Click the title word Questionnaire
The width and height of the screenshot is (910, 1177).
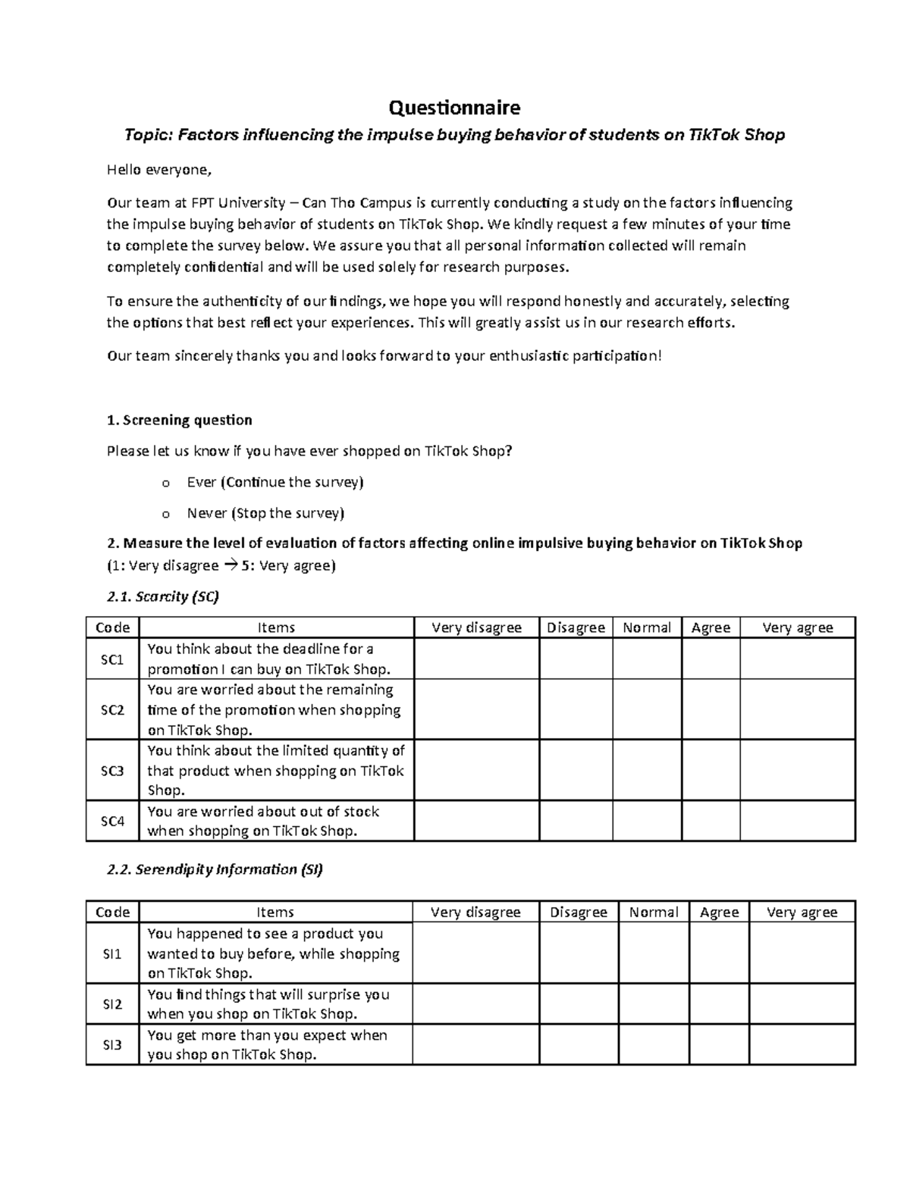[x=454, y=108]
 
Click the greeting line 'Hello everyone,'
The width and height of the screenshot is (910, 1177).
[x=157, y=170]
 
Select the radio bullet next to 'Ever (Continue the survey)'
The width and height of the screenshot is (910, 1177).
[x=166, y=484]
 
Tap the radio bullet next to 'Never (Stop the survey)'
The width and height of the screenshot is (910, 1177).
[x=166, y=515]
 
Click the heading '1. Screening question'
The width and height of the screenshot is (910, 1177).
[x=180, y=420]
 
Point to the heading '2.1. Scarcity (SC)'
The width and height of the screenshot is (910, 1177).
[x=163, y=596]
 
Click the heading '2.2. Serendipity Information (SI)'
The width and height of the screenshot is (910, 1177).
[x=215, y=869]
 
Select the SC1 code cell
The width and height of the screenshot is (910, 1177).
[x=112, y=659]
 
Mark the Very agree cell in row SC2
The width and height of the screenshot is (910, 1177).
[x=797, y=709]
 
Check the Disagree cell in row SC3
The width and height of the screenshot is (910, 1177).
[x=576, y=770]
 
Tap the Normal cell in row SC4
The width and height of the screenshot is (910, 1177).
[x=646, y=821]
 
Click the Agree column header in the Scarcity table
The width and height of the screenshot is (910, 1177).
[x=711, y=628]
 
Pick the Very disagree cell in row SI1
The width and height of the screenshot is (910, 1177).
[x=475, y=953]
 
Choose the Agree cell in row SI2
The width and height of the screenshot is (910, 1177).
[x=719, y=1004]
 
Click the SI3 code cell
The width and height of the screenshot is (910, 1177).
[x=112, y=1044]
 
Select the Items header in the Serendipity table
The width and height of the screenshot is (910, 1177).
[x=276, y=912]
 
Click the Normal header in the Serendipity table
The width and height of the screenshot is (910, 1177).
[x=653, y=912]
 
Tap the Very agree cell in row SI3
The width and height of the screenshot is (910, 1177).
[x=802, y=1044]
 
